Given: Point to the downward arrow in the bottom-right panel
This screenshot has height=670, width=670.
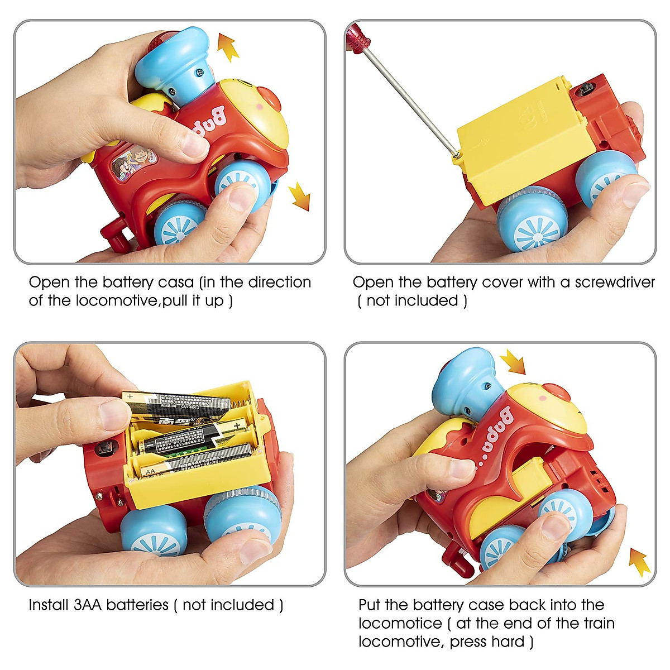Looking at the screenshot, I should pos(513,362).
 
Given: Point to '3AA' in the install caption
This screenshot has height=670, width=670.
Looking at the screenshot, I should pos(88,605).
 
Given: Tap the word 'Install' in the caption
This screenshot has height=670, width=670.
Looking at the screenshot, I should pos(49,605).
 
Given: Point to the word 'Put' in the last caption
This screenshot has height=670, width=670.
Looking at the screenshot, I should pos(370,605).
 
